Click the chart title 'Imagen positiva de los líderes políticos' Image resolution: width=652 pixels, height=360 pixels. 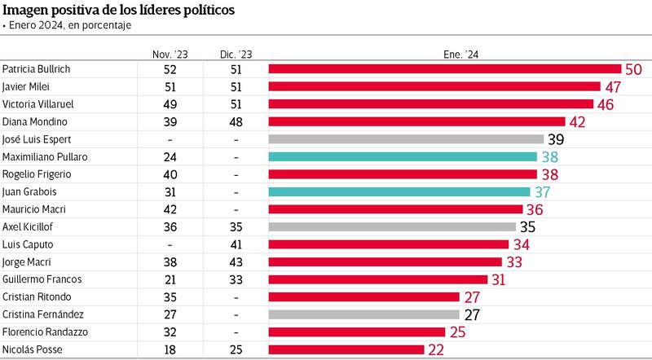(118, 10)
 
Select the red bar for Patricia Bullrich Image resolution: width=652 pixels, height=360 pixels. (444, 69)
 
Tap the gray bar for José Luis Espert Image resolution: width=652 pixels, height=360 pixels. (405, 138)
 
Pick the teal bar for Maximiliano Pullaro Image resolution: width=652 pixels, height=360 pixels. (402, 156)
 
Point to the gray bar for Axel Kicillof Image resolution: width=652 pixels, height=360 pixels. (391, 226)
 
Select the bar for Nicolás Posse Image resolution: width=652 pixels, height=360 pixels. (346, 349)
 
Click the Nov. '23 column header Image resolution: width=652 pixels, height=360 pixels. (170, 54)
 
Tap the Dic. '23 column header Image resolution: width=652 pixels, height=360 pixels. (236, 54)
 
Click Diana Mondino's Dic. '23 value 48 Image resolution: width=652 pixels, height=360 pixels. (236, 121)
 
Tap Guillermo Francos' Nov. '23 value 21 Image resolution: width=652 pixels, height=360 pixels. (170, 279)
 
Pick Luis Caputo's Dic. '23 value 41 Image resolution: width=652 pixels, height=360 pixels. (236, 244)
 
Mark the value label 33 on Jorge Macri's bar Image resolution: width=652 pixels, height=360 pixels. (514, 261)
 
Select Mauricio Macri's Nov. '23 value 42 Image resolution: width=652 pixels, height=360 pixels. (170, 209)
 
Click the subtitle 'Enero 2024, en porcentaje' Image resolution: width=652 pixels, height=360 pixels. (68, 25)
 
